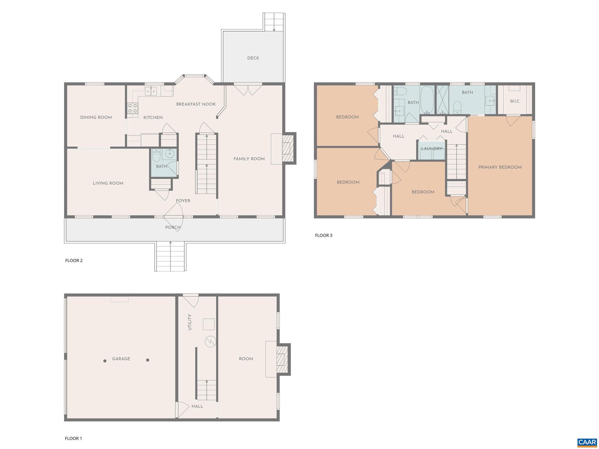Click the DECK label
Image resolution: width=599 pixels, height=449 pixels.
click(253, 58)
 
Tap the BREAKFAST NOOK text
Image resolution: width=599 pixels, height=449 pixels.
click(196, 104)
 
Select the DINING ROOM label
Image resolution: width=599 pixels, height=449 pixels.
click(96, 117)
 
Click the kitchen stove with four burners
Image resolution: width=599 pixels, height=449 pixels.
click(132, 108)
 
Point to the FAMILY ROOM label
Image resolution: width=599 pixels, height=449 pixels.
click(249, 159)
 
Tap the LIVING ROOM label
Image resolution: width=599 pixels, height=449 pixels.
click(108, 183)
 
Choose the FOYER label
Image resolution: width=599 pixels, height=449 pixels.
click(183, 201)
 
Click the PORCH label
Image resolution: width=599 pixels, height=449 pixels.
click(173, 227)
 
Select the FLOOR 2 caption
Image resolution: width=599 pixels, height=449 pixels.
click(74, 261)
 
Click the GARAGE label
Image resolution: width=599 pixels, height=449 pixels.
click(121, 359)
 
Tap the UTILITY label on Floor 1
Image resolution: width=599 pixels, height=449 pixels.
click(190, 322)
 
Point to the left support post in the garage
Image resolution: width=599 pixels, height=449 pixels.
click(105, 361)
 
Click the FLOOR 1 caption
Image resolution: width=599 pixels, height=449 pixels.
click(73, 438)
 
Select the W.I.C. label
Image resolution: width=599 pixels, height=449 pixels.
click(515, 101)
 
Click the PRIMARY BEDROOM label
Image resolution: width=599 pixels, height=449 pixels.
click(500, 167)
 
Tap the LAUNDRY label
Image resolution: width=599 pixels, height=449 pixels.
click(432, 149)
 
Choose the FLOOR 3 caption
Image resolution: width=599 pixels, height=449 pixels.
click(323, 235)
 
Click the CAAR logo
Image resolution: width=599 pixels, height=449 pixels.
click(587, 442)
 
